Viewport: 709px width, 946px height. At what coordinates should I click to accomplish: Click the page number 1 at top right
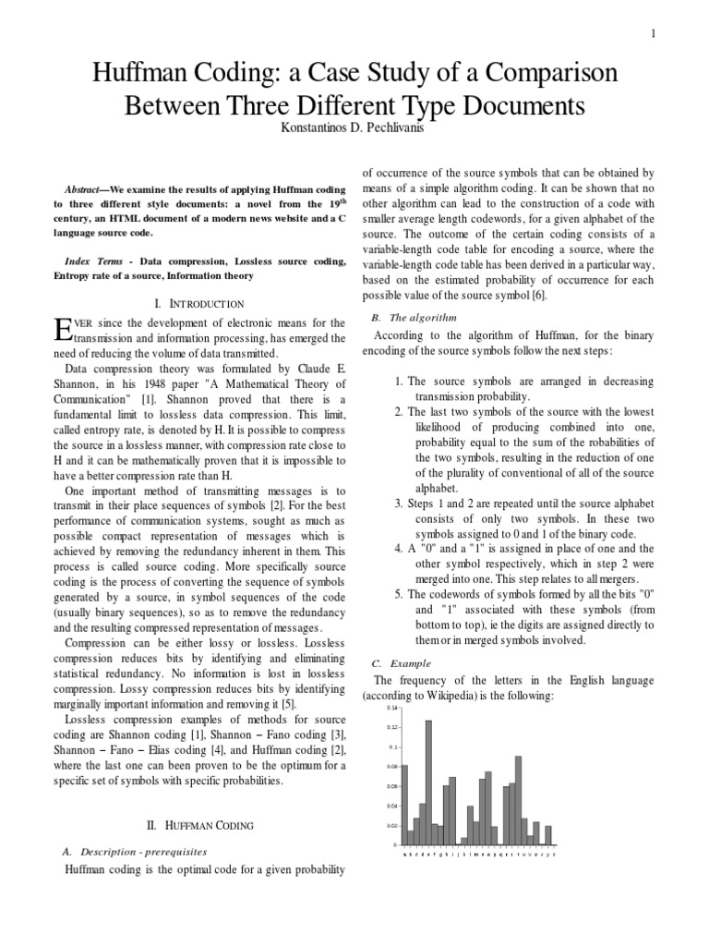point(654,34)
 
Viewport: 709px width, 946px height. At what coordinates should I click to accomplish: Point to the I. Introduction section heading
point(200,303)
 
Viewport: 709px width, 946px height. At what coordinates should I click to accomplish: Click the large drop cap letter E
point(63,329)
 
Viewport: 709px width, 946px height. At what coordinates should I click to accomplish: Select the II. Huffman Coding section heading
point(200,824)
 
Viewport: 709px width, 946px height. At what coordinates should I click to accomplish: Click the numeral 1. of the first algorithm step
point(399,381)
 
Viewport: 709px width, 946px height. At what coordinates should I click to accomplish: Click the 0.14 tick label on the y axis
point(391,709)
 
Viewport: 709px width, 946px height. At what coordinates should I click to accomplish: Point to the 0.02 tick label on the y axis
point(391,825)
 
